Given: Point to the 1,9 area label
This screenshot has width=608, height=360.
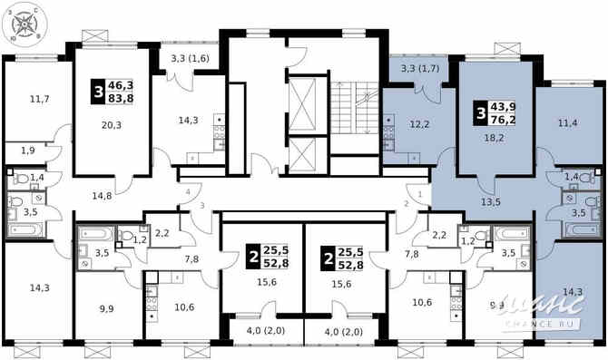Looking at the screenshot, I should pos(29,151).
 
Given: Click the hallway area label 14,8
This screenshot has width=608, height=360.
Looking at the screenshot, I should pos(101,195).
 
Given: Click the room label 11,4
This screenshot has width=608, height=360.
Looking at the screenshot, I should pos(567,123).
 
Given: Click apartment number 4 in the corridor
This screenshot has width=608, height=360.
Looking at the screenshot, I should pos(188,193).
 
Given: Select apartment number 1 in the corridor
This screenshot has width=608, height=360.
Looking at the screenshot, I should pos(421,192).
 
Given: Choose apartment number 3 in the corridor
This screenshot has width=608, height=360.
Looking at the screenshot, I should pos(201,207).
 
